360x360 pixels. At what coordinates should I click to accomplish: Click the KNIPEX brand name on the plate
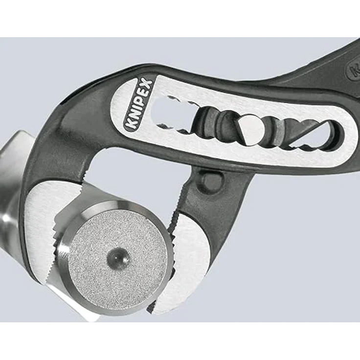(139, 104)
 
